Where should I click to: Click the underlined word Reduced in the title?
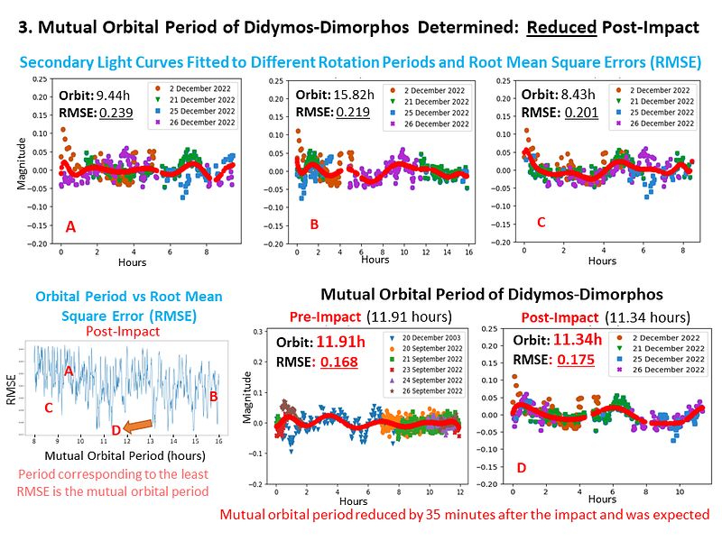[561, 27]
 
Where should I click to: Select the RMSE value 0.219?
[353, 113]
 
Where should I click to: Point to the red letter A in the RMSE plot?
[69, 371]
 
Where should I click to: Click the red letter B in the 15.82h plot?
[314, 224]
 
